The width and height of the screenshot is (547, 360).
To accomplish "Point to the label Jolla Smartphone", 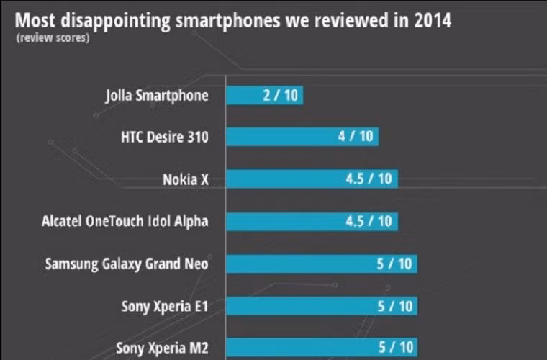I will tap(156, 95).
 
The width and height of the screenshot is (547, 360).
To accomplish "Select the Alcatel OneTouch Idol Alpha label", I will tap(125, 221).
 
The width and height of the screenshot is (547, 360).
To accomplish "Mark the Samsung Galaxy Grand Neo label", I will tap(127, 264).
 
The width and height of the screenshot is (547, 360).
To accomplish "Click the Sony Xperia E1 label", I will tap(165, 306).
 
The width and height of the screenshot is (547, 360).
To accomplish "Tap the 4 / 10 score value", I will tap(355, 137).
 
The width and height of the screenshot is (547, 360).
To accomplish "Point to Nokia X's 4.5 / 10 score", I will tap(369, 179).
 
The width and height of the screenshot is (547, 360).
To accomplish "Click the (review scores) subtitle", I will tap(53, 38).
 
